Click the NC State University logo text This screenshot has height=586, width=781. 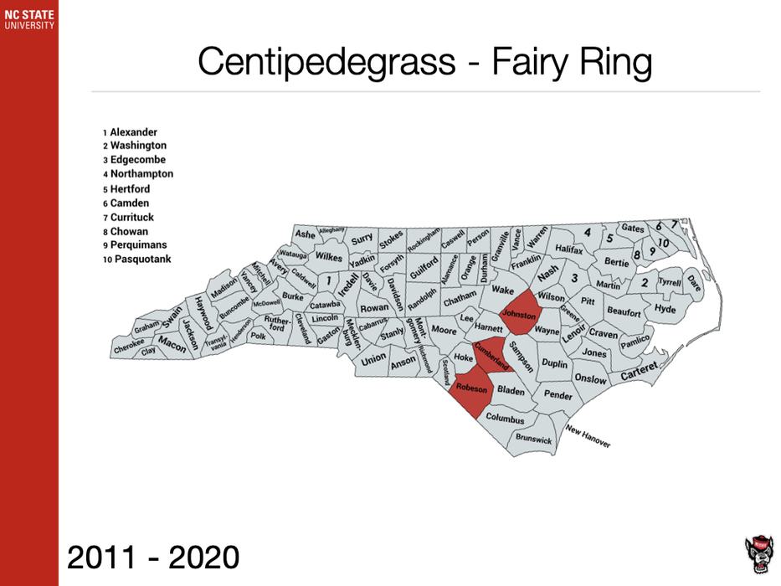pos(28,19)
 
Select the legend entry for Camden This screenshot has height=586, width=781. pos(130,203)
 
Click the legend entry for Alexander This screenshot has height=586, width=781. pos(133,132)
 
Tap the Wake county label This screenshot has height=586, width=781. pos(502,290)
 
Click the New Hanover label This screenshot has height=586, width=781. pos(588,435)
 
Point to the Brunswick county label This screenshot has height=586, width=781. pos(534,438)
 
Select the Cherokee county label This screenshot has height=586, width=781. pos(129,342)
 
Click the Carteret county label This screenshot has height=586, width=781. pos(640,370)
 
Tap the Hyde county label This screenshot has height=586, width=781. pos(665,310)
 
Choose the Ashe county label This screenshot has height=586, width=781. pos(306,234)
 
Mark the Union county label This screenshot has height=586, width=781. pos(374,358)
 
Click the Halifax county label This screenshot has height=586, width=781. pos(568,249)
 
